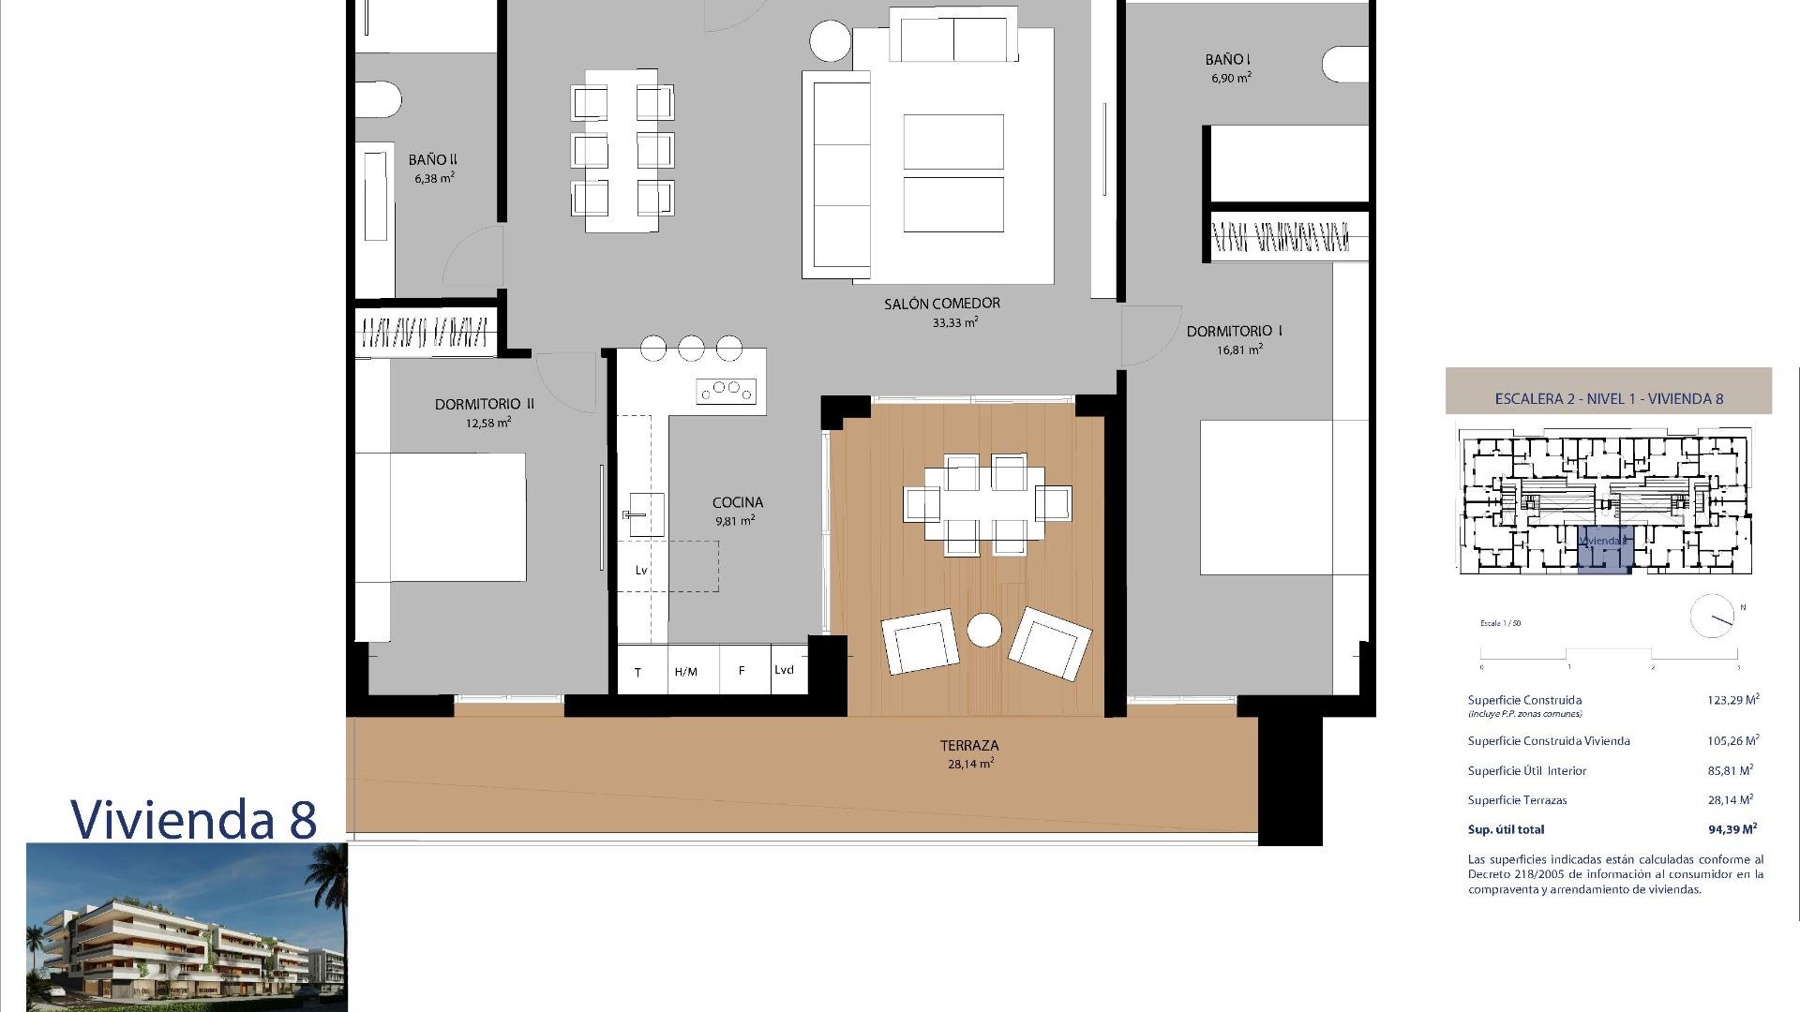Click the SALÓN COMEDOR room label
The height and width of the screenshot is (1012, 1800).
(941, 304)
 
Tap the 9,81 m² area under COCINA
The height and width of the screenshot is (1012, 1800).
(735, 521)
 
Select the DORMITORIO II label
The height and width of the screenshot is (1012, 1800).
(484, 404)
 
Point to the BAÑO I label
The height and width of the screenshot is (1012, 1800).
(1228, 60)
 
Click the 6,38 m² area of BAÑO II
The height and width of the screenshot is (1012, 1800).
(434, 178)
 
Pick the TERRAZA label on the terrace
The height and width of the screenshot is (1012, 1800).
(969, 746)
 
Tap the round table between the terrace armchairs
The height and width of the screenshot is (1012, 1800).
(984, 630)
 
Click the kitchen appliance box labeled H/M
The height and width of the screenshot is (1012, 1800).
(686, 671)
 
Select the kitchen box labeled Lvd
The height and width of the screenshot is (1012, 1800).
(785, 669)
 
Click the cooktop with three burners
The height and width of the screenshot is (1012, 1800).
(727, 389)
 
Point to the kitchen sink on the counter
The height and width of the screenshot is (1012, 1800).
(645, 514)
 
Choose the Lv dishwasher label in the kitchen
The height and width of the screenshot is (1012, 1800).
(641, 570)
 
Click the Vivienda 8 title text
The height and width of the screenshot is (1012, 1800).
(194, 819)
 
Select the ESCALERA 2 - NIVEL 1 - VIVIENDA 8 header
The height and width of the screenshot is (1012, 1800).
(1609, 398)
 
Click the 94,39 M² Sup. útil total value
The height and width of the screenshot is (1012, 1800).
(1732, 829)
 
